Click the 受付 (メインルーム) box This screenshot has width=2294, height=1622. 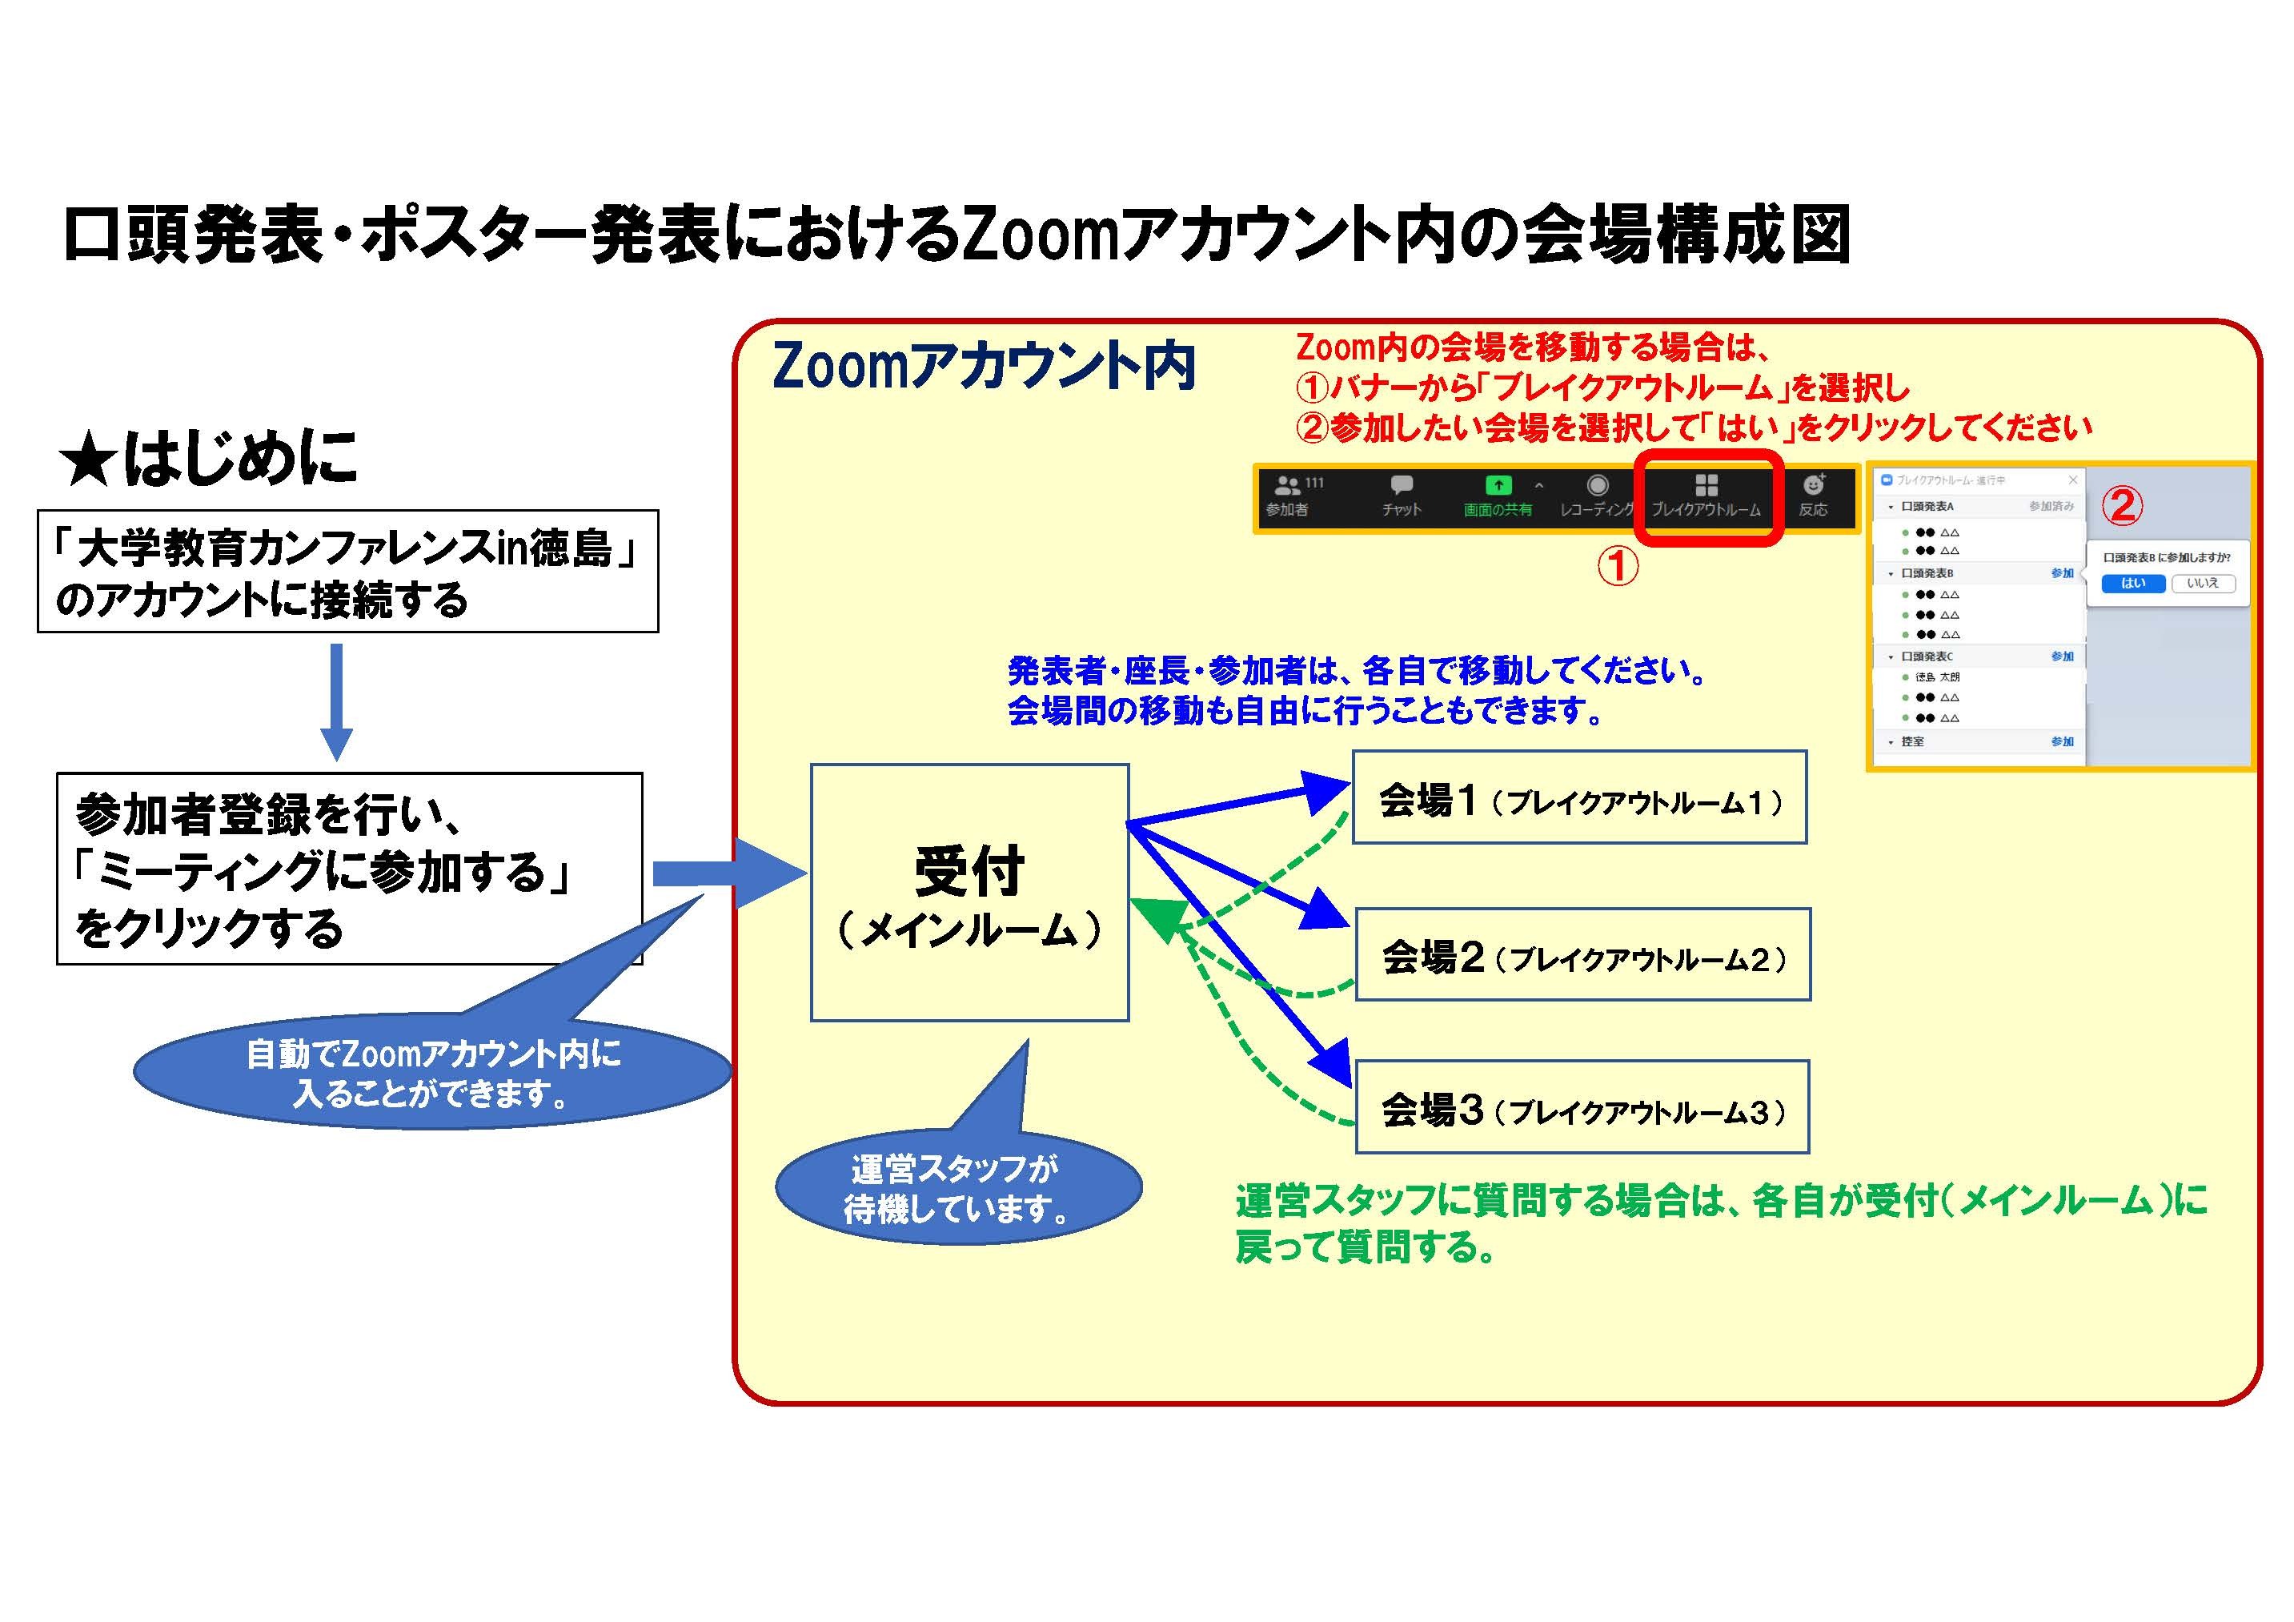pos(969,893)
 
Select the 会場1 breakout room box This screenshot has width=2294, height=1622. pos(1578,797)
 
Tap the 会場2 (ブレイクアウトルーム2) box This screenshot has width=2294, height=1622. pos(1582,954)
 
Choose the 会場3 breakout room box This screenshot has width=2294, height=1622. pos(1582,1107)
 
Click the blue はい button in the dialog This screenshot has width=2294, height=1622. pos(2132,584)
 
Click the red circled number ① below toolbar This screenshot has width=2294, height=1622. pos(1618,568)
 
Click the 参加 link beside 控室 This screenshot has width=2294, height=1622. pos(2062,741)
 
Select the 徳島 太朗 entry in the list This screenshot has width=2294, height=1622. pos(1936,677)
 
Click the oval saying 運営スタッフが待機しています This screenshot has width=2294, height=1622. pos(957,1189)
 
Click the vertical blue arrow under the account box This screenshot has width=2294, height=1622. pos(337,700)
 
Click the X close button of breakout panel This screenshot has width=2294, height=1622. pos(2073,480)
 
